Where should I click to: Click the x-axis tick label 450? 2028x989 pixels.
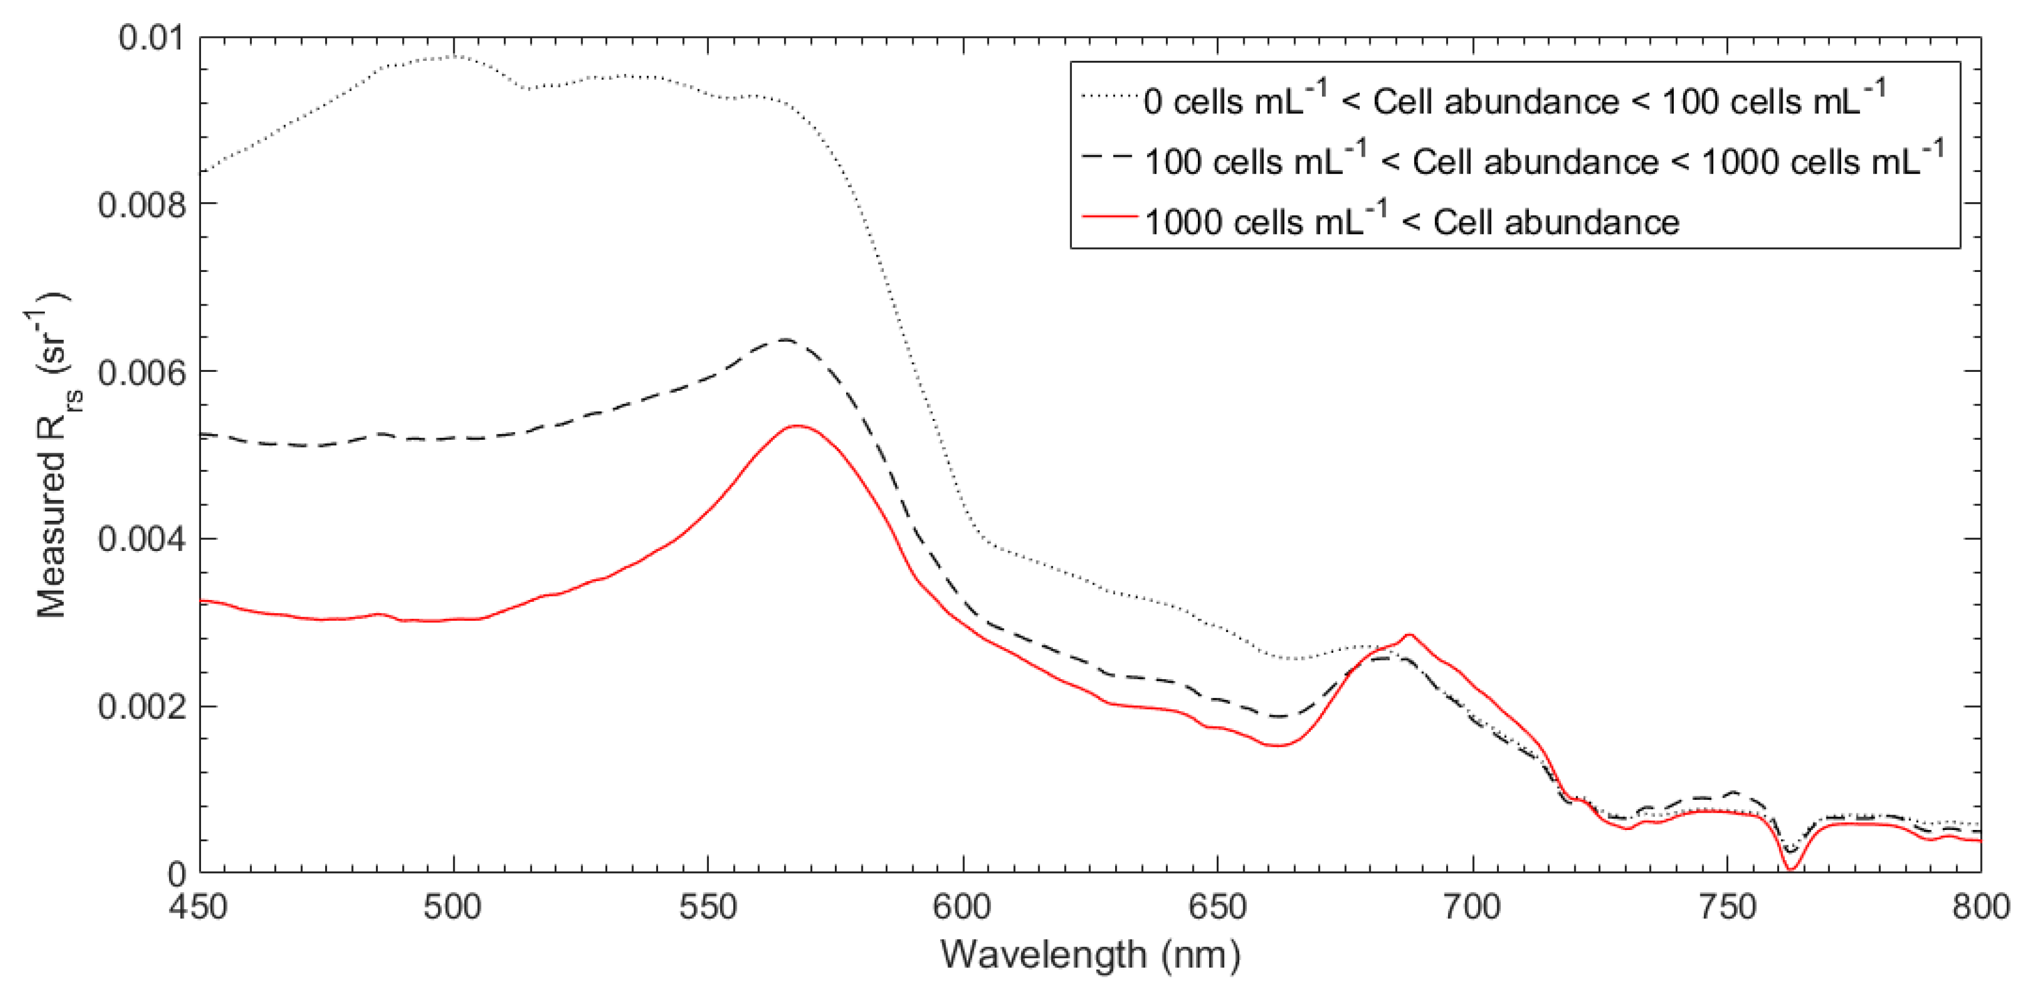tap(199, 907)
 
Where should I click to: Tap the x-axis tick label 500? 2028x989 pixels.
tap(453, 907)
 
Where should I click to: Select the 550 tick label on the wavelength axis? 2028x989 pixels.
tap(708, 907)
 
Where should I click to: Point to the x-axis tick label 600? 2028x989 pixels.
tap(962, 907)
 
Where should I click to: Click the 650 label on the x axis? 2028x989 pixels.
tap(1217, 907)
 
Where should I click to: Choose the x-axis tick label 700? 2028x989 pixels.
tap(1472, 907)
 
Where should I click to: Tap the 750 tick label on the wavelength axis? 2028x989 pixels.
tap(1726, 907)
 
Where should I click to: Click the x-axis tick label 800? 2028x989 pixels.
tap(1981, 907)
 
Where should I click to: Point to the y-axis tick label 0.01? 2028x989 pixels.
tap(150, 37)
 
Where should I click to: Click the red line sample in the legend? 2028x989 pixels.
tap(1110, 216)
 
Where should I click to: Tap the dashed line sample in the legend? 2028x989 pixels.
tap(1110, 156)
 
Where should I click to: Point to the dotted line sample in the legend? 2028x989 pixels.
tap(1110, 96)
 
